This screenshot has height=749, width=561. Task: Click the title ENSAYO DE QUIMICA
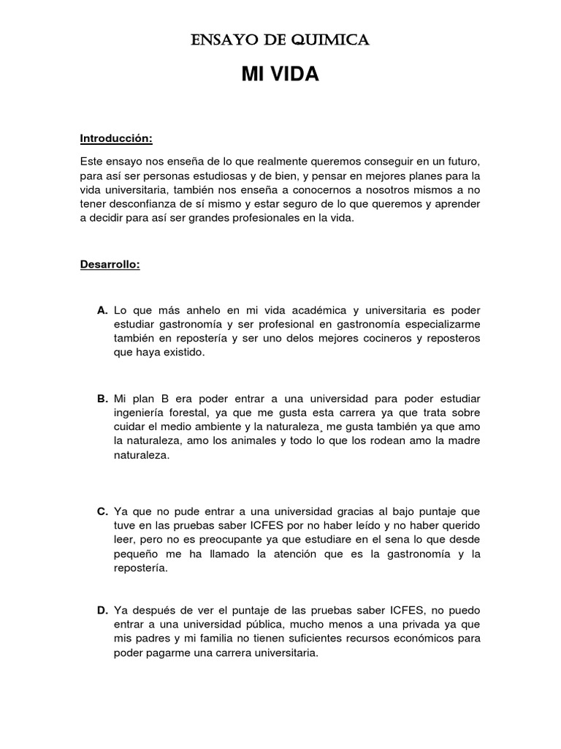pyautogui.click(x=280, y=40)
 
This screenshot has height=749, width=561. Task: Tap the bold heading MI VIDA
pyautogui.click(x=280, y=75)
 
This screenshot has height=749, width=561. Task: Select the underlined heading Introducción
pyautogui.click(x=116, y=138)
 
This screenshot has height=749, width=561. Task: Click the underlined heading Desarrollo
pyautogui.click(x=110, y=264)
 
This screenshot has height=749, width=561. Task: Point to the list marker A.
pyautogui.click(x=102, y=310)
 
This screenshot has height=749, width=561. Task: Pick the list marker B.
pyautogui.click(x=102, y=399)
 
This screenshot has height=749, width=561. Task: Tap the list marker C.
pyautogui.click(x=102, y=511)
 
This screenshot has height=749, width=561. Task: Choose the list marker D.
pyautogui.click(x=102, y=610)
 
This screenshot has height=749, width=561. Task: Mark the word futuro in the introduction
pyautogui.click(x=462, y=160)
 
